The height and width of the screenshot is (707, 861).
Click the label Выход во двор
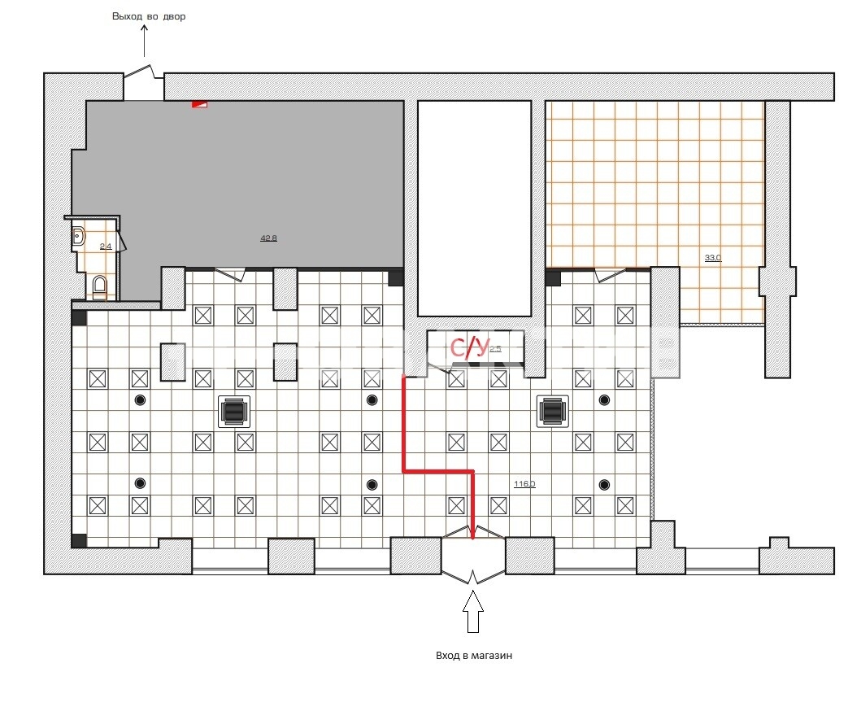tap(149, 16)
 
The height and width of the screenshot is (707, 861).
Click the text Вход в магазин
tap(473, 655)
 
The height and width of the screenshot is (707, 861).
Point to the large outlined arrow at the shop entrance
tap(473, 613)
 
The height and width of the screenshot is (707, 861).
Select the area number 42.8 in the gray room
tap(268, 238)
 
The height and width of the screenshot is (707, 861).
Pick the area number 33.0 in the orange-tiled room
tap(712, 258)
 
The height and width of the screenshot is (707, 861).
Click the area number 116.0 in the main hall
tap(524, 484)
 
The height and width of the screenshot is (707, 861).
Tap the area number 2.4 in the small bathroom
tap(105, 246)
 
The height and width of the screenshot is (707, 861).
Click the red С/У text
tap(470, 348)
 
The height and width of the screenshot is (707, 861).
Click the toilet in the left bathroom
tap(99, 286)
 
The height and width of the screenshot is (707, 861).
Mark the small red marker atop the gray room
tap(200, 103)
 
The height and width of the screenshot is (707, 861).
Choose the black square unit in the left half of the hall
tap(234, 411)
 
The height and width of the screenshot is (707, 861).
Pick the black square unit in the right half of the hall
tap(553, 411)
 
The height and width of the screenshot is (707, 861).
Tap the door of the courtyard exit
tap(144, 75)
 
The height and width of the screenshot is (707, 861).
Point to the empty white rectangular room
tap(473, 207)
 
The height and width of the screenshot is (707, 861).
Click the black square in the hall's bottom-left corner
tap(79, 541)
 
